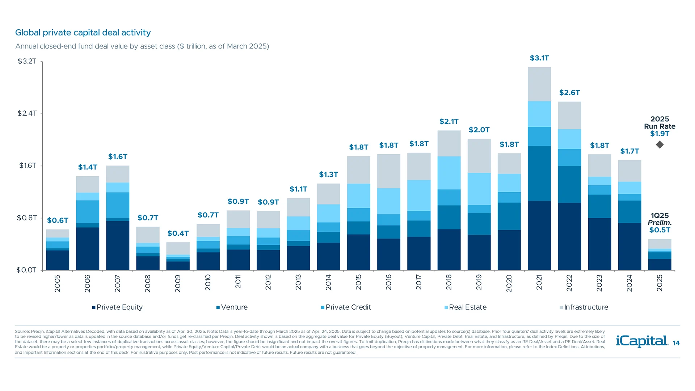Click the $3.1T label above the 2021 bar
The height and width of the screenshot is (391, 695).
(x=539, y=58)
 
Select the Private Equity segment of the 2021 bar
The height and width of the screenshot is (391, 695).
(x=539, y=235)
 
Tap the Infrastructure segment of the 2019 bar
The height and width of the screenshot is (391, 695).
(x=479, y=156)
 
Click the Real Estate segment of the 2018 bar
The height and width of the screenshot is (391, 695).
(x=449, y=173)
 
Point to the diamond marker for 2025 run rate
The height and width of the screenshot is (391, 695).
(x=660, y=145)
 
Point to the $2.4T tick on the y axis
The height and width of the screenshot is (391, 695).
(x=27, y=113)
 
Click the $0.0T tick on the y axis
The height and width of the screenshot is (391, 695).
(x=26, y=270)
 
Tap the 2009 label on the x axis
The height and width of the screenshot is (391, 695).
(x=178, y=283)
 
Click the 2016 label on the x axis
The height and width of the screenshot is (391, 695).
(x=389, y=282)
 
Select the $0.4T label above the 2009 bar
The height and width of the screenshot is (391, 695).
(x=178, y=234)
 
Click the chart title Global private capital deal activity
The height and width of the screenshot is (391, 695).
(x=83, y=33)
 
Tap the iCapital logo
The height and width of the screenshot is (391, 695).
(x=642, y=341)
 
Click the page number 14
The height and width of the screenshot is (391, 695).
(x=676, y=343)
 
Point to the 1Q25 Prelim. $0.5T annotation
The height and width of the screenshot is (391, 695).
(x=660, y=223)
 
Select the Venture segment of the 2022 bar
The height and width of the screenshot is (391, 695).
(x=569, y=184)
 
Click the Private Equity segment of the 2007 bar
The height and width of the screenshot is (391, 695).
(x=118, y=245)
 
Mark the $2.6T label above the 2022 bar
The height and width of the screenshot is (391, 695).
(x=569, y=93)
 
